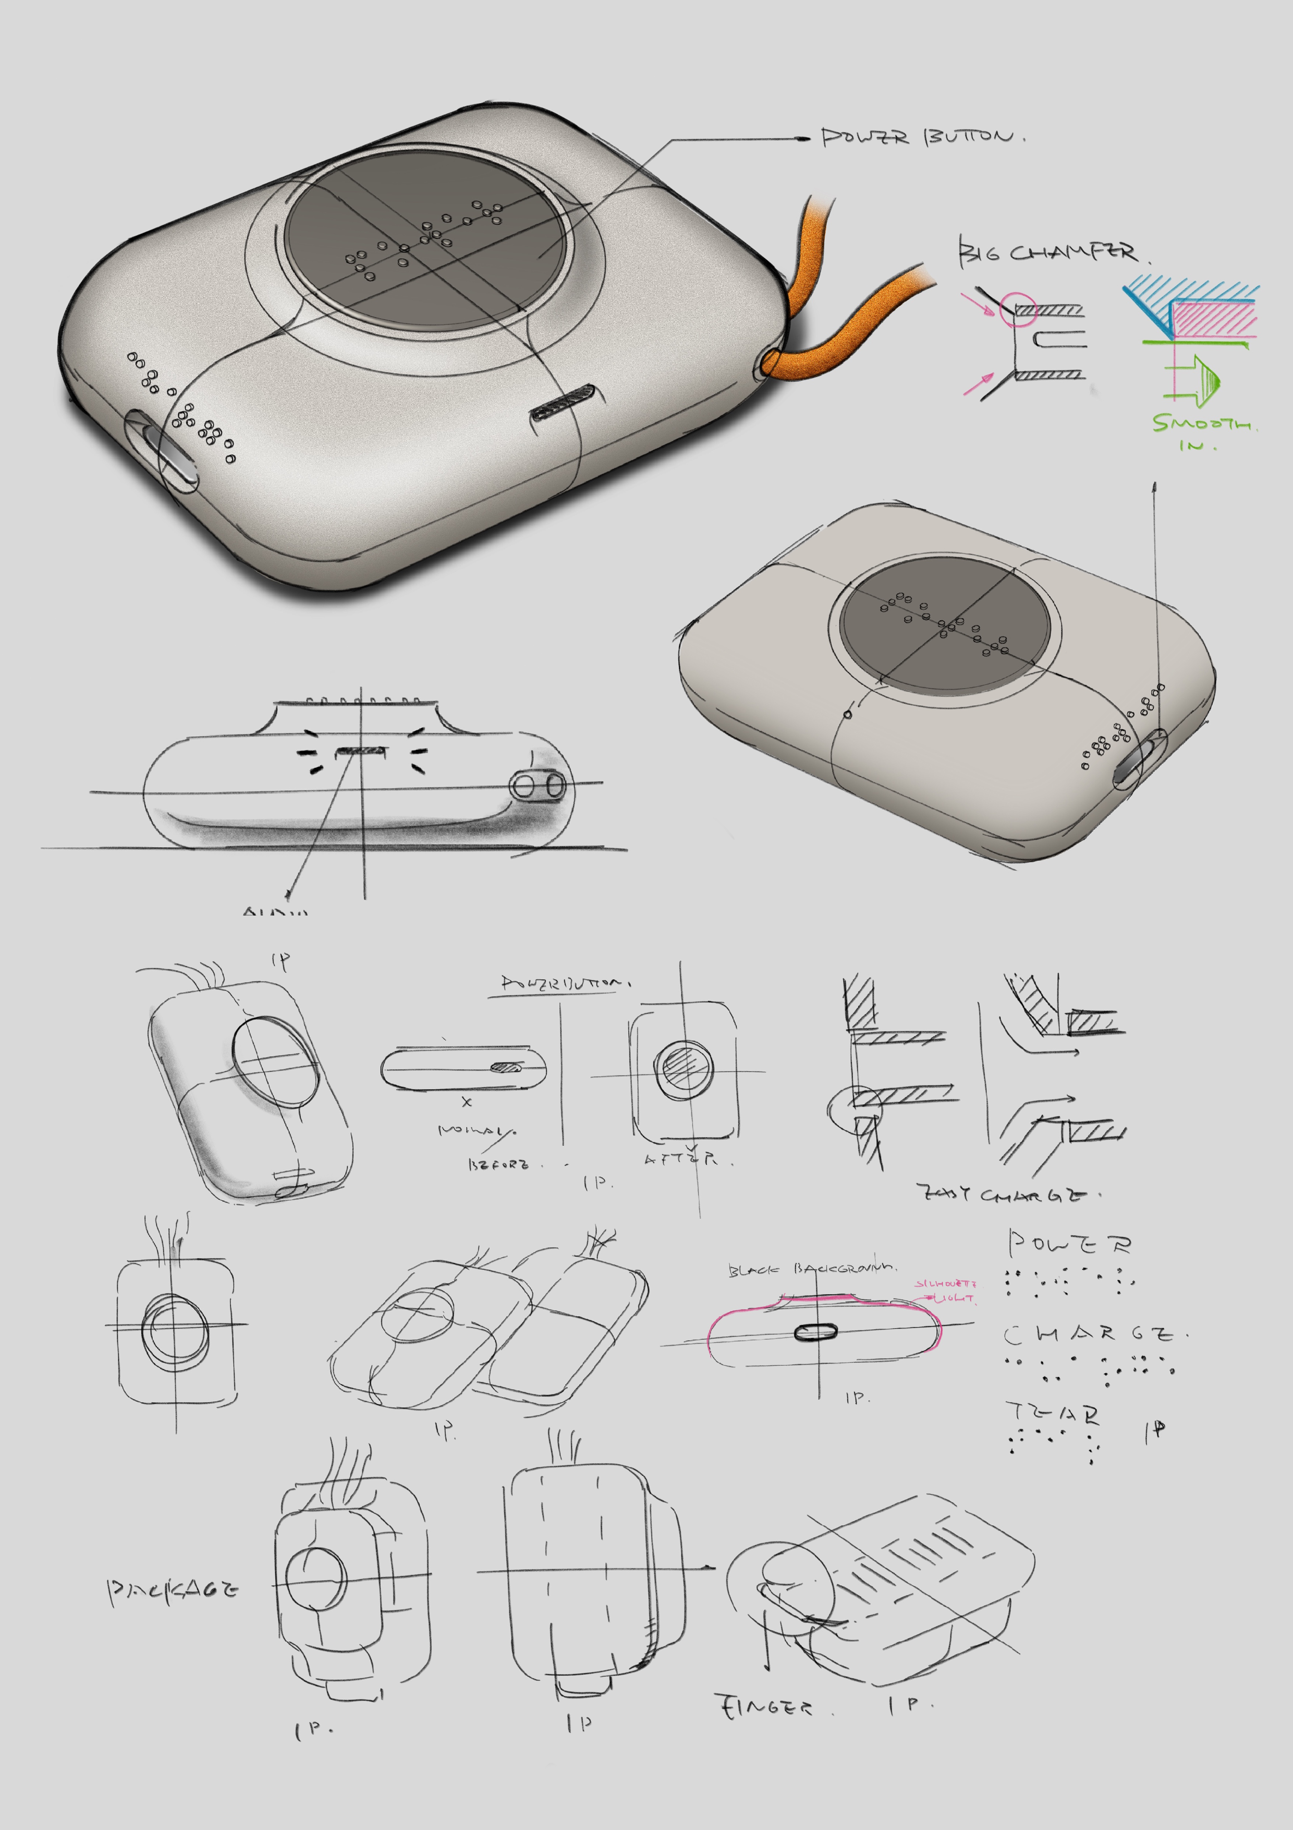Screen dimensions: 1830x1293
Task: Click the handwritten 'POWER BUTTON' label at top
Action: (920, 137)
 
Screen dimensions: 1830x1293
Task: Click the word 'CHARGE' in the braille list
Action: (1091, 1333)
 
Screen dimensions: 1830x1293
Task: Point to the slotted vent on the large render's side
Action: (563, 401)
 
